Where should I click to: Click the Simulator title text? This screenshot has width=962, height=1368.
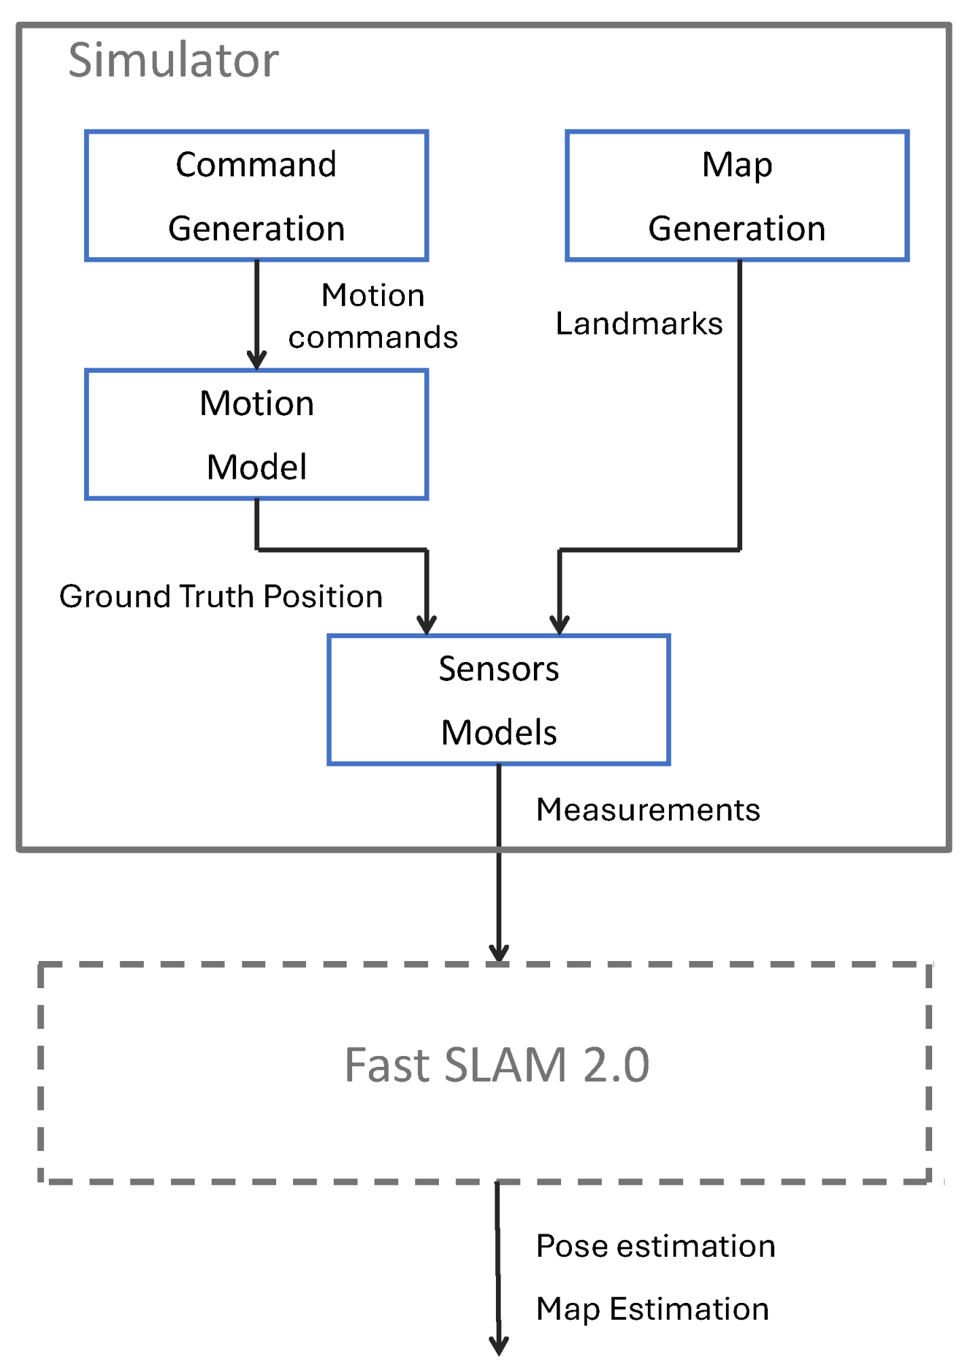point(173,60)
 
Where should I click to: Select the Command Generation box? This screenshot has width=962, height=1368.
point(256,195)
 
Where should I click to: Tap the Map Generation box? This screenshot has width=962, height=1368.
point(737,195)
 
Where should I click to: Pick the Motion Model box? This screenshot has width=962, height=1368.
point(256,435)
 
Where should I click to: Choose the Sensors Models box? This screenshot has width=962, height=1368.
point(499,699)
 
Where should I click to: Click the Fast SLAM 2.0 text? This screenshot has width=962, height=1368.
point(497,1065)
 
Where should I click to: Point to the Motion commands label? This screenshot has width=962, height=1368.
point(372,316)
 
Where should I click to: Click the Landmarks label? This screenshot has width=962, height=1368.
point(638,324)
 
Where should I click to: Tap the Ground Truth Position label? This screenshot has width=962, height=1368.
point(220,596)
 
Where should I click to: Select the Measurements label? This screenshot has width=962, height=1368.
point(647,809)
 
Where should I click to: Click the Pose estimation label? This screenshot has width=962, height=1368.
point(655,1246)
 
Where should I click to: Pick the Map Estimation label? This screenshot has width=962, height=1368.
point(652,1308)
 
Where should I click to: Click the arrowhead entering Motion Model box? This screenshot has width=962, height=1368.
point(256,360)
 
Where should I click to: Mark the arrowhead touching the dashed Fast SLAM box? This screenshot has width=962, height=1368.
point(499,952)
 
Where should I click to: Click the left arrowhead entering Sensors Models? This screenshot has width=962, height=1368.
point(427,625)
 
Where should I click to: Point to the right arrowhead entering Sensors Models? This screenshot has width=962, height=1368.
point(560,625)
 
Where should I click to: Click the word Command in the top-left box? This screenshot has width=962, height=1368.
point(256,164)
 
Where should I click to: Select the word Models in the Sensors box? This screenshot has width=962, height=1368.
point(499,732)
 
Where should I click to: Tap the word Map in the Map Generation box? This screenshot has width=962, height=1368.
point(737,165)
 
